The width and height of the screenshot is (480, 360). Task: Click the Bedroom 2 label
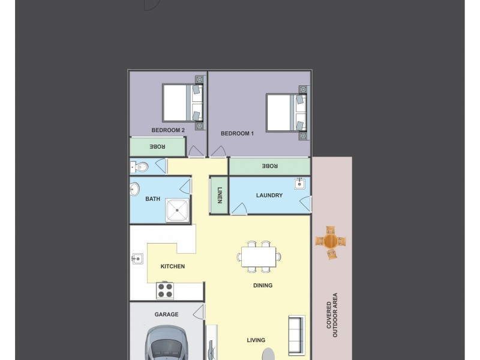tap(167, 130)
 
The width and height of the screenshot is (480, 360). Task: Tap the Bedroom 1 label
tap(237, 134)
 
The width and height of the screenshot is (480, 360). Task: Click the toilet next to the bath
tap(137, 166)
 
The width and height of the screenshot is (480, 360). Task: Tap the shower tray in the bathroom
tap(178, 209)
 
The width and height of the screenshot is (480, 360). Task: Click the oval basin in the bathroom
tap(134, 190)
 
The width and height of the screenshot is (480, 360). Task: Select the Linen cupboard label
tap(219, 196)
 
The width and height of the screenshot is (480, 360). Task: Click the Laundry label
tap(269, 195)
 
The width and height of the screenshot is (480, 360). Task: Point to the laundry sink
tap(300, 184)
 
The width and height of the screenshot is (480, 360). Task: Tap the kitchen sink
tap(137, 259)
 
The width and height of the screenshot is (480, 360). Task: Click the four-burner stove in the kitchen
tap(165, 290)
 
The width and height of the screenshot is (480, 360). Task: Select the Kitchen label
tap(173, 266)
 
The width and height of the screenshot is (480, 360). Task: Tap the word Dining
tap(263, 286)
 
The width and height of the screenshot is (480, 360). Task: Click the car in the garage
tap(168, 345)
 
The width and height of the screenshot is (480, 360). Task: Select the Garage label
tap(166, 314)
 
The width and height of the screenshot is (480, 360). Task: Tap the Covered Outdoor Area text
tap(332, 315)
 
